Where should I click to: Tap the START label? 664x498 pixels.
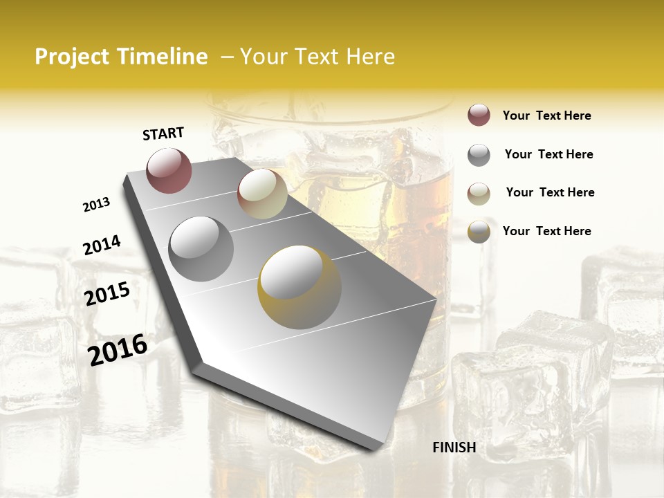(x=163, y=133)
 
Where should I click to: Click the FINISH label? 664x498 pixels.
(x=454, y=448)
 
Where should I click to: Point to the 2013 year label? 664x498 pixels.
(x=96, y=205)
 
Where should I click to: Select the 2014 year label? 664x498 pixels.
(x=102, y=246)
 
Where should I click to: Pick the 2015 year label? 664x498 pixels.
(x=107, y=294)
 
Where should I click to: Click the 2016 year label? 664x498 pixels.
(x=118, y=349)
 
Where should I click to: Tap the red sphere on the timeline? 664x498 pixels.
(x=169, y=170)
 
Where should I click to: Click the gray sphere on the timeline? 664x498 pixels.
(x=201, y=248)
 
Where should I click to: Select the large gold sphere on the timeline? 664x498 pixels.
(x=299, y=286)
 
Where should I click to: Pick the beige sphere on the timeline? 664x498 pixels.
(x=262, y=194)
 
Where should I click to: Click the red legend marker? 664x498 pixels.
(x=479, y=116)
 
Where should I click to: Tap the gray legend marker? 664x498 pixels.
(x=479, y=155)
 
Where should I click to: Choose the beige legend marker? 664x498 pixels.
(x=479, y=193)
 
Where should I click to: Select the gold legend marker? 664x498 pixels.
(x=479, y=232)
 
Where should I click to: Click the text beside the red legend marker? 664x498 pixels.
(x=546, y=116)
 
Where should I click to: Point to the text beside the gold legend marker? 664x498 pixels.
(x=546, y=231)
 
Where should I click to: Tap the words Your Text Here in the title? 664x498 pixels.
(x=317, y=57)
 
